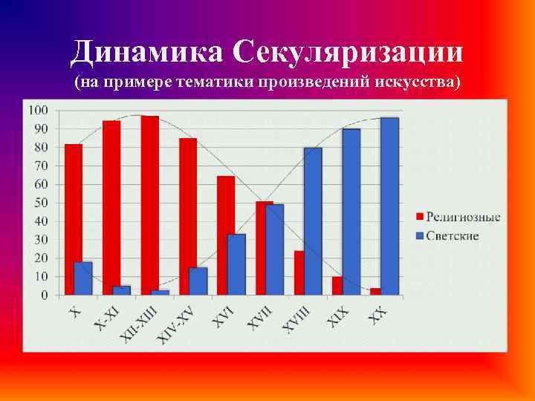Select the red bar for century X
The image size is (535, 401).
[x=73, y=219]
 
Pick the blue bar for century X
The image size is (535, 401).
[x=84, y=278]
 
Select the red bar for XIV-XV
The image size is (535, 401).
[x=188, y=216]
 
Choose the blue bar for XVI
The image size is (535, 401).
[x=236, y=264]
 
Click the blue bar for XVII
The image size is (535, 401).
[x=275, y=250]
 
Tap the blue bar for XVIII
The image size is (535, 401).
[x=313, y=221]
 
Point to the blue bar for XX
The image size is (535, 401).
[x=389, y=206]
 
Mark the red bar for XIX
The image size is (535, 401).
[x=337, y=286]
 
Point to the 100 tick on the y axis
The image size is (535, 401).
[x=38, y=110]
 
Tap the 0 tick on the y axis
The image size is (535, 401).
[x=44, y=295]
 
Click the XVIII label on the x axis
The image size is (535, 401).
[x=297, y=319]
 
